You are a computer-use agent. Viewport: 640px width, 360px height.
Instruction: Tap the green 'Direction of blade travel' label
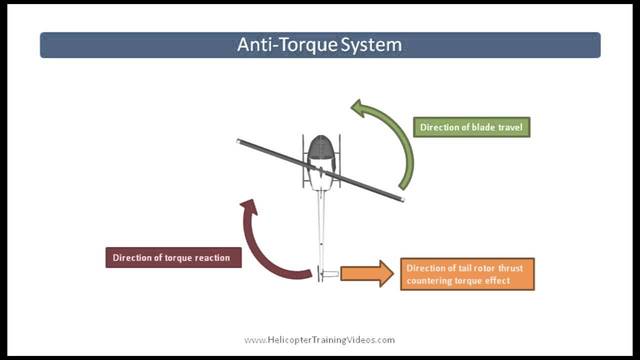(473, 128)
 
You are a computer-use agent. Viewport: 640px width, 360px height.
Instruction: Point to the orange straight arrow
(365, 273)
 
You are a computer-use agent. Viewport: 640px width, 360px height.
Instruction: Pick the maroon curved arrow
(262, 250)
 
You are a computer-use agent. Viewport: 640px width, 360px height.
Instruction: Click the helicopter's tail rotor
(320, 273)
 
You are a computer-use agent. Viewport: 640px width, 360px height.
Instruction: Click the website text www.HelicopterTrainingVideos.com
(320, 340)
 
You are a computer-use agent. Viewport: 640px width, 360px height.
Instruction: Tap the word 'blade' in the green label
(485, 128)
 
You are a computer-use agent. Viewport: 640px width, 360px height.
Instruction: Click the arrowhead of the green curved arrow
(362, 108)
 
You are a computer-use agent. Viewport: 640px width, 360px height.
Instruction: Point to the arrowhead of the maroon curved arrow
(248, 210)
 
